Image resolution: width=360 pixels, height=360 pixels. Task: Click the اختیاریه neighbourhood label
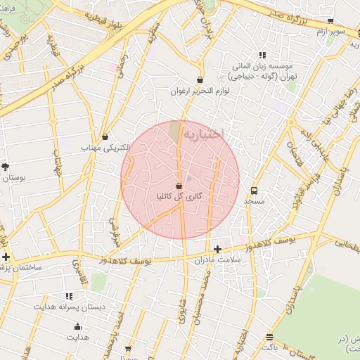pos(203,131)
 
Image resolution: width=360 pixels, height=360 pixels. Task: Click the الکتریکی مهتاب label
pos(106,148)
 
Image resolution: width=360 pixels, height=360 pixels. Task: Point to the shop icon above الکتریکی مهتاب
pos(105,136)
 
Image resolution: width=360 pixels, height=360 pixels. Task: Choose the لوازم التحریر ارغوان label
pos(199,91)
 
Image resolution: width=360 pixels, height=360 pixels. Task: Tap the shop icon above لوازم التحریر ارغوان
pos(200,80)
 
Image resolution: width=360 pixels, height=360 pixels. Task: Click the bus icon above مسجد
pos(254,190)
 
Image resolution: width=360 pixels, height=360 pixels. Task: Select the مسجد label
pos(254,201)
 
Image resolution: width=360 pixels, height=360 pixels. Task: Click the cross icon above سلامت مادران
pos(217,249)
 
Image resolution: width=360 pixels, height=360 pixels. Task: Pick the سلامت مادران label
pos(217,260)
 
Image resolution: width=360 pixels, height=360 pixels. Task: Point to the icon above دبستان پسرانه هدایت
pos(69,296)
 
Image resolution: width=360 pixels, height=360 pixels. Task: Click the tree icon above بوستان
pos(6,167)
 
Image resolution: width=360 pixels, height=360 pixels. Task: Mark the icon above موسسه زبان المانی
pos(262,55)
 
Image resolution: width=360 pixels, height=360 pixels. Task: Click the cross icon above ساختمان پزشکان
pos(6,257)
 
